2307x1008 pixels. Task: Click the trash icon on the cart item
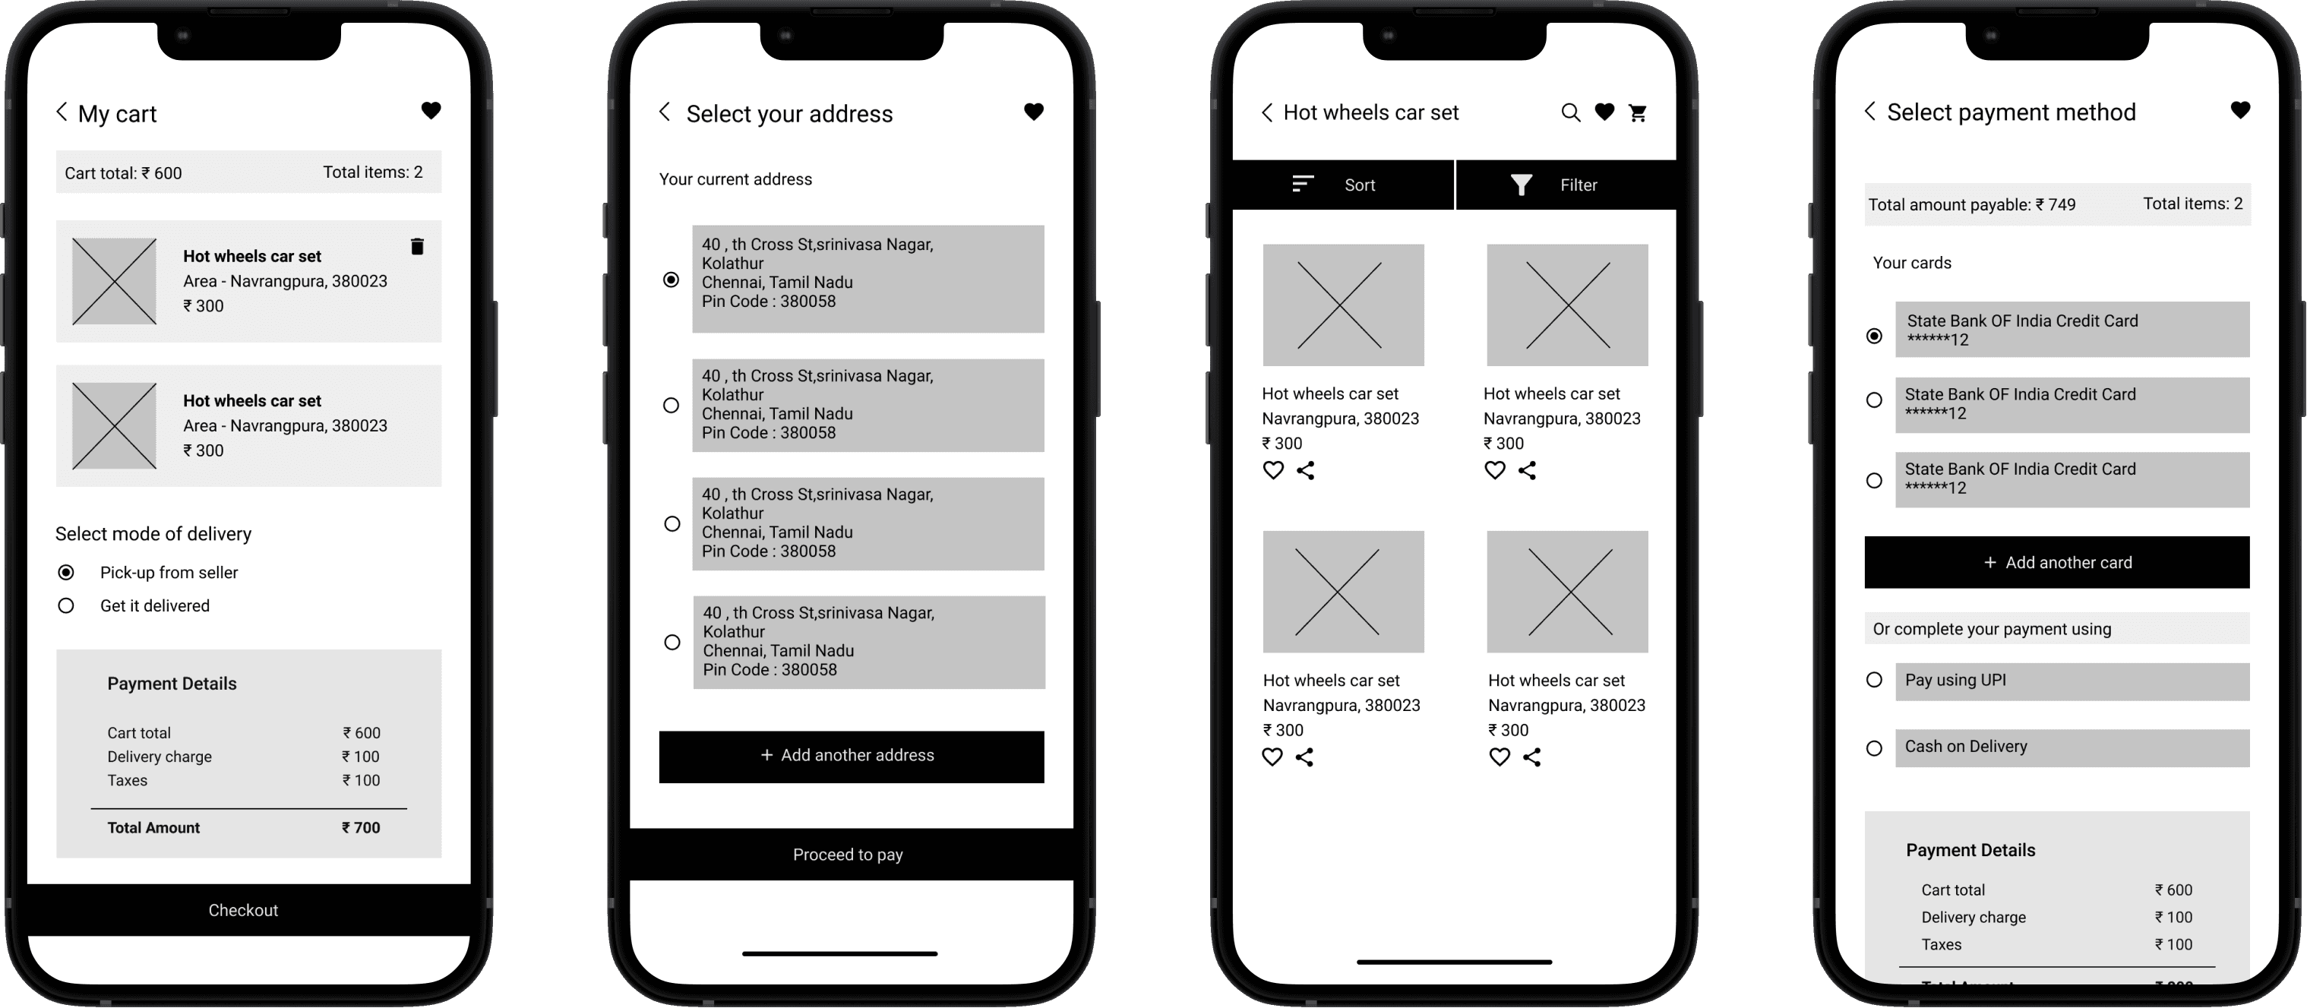coord(417,246)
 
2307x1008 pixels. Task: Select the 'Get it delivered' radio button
coord(66,605)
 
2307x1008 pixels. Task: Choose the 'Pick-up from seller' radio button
coord(66,572)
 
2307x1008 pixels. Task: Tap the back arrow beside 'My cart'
coord(62,112)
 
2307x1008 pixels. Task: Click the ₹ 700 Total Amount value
coord(361,828)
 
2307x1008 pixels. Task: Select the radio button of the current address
coord(671,280)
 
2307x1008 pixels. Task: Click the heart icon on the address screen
coord(1034,112)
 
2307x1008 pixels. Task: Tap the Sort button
coord(1343,185)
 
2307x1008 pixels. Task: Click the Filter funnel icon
coord(1521,185)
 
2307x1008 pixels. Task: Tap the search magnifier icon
coord(1571,112)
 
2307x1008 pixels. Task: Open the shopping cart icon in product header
coord(1638,112)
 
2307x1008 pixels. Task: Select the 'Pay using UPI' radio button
coord(1873,679)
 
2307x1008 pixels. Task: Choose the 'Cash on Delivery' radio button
coord(1873,747)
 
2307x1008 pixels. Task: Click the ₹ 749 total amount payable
coord(2056,204)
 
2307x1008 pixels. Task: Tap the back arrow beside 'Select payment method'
coord(1870,111)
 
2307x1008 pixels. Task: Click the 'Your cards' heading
coord(1912,262)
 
